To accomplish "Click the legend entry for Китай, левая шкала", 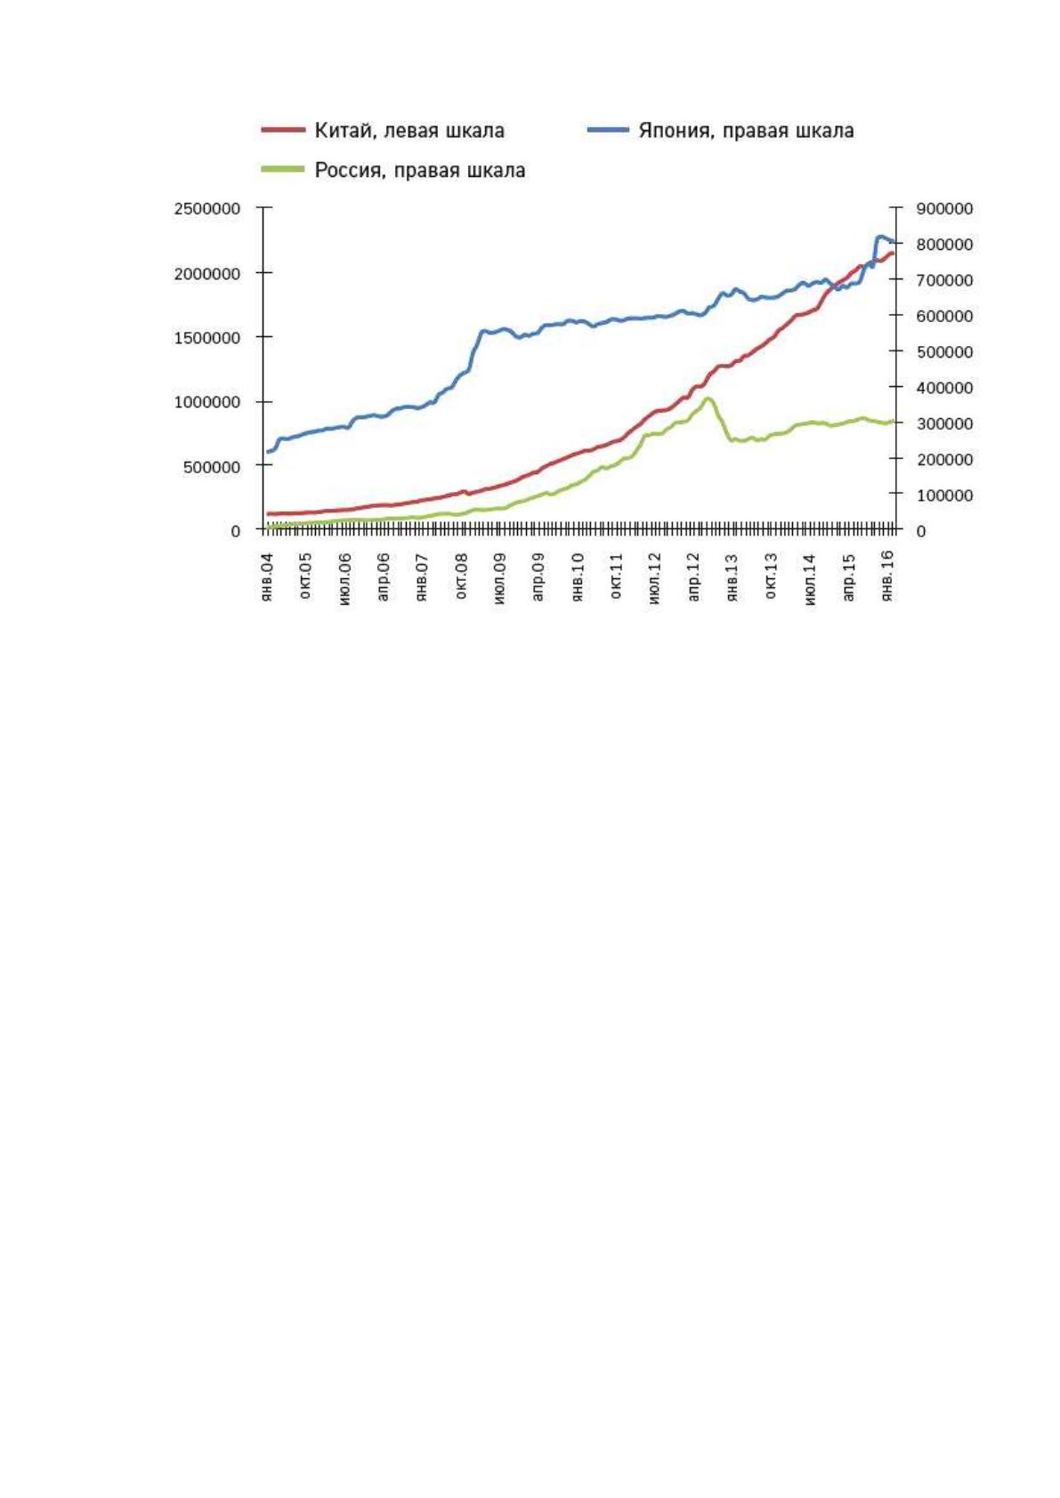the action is coord(383,131).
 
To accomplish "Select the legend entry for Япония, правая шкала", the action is coord(720,131).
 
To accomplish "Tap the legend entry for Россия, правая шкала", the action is coord(392,171).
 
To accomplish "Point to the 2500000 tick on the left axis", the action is coord(206,209).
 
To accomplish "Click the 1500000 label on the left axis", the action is coord(206,338).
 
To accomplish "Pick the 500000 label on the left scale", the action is coord(212,467).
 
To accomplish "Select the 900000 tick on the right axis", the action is coord(944,209).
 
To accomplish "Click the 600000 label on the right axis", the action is coord(944,316).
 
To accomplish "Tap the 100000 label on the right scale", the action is coord(944,495).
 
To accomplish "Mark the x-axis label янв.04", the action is coord(267,577).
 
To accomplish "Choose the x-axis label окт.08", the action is coord(461,576).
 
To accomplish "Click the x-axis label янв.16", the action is coord(887,577).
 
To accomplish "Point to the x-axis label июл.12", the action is coord(654,578).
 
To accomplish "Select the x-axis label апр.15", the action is coord(848,577).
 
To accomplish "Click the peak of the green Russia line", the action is coord(708,399).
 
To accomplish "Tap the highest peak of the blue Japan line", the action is coord(880,236).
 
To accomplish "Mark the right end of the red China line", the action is coord(893,254).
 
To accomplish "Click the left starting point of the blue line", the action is coord(269,452).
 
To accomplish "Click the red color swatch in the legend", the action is coord(283,131).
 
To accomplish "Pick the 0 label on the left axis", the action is coord(236,532).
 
